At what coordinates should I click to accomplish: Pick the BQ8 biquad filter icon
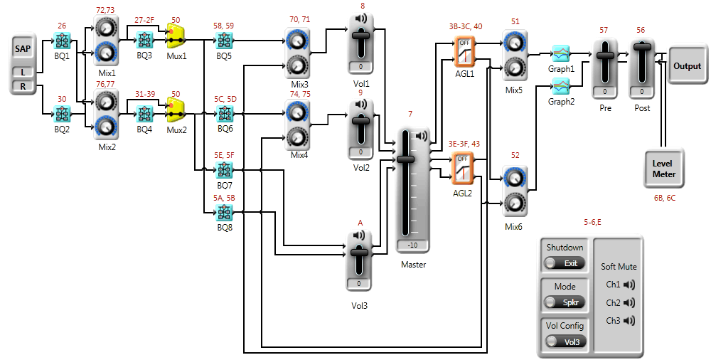click(225, 212)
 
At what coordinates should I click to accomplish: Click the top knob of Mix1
click(106, 28)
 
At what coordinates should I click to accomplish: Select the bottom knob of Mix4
click(297, 137)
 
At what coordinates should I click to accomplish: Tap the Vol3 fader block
click(359, 260)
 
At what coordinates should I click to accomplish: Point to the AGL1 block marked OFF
click(464, 51)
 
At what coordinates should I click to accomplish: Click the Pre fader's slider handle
click(605, 55)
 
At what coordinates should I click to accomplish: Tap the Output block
click(687, 66)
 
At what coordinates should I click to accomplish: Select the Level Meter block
click(664, 169)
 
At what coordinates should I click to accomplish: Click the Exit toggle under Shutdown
click(565, 263)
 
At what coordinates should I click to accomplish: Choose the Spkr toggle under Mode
click(565, 302)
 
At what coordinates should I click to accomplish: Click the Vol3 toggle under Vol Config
click(565, 342)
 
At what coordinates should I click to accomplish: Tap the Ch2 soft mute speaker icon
click(629, 302)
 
